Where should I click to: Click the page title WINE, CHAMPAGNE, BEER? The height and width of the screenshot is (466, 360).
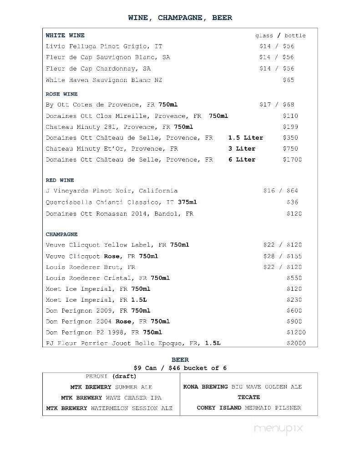[180, 18]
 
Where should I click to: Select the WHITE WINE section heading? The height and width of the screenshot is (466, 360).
[65, 35]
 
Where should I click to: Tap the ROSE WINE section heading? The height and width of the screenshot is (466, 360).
[61, 94]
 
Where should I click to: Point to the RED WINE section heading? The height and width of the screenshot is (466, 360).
[60, 180]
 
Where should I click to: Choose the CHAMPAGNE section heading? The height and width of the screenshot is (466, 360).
[61, 234]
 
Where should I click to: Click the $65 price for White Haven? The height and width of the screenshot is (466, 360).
[288, 80]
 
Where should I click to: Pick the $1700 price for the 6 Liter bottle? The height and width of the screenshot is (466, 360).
[292, 160]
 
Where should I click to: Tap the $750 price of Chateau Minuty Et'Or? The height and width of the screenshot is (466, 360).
[290, 149]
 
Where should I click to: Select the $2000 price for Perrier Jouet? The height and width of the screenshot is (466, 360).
[296, 344]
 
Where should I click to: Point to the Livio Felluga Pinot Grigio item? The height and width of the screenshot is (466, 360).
[104, 46]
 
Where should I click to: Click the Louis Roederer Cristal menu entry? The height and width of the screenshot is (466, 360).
[107, 278]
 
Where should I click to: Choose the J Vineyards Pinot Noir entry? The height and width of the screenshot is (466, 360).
[112, 191]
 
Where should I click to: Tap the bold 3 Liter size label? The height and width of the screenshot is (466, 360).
[242, 149]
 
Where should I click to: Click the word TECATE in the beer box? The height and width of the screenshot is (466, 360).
[248, 397]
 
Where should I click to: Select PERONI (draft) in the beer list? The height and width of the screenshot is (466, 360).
[111, 376]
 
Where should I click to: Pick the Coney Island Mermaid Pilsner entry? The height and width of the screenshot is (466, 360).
[248, 408]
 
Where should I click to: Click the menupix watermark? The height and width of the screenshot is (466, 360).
[279, 428]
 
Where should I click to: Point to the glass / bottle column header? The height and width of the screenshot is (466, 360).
[280, 35]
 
